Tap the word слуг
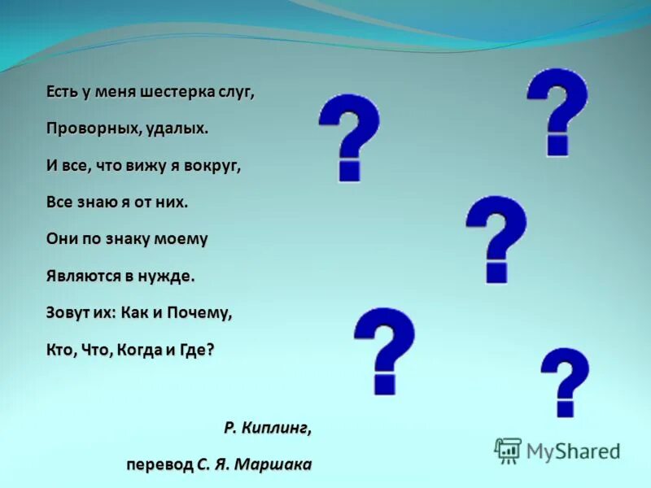click(x=235, y=92)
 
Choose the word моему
click(x=190, y=238)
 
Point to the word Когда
click(x=139, y=349)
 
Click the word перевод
click(x=159, y=464)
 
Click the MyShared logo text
click(x=573, y=450)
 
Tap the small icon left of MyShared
click(x=508, y=449)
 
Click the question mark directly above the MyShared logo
click(x=565, y=381)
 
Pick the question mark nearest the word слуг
click(x=349, y=137)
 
